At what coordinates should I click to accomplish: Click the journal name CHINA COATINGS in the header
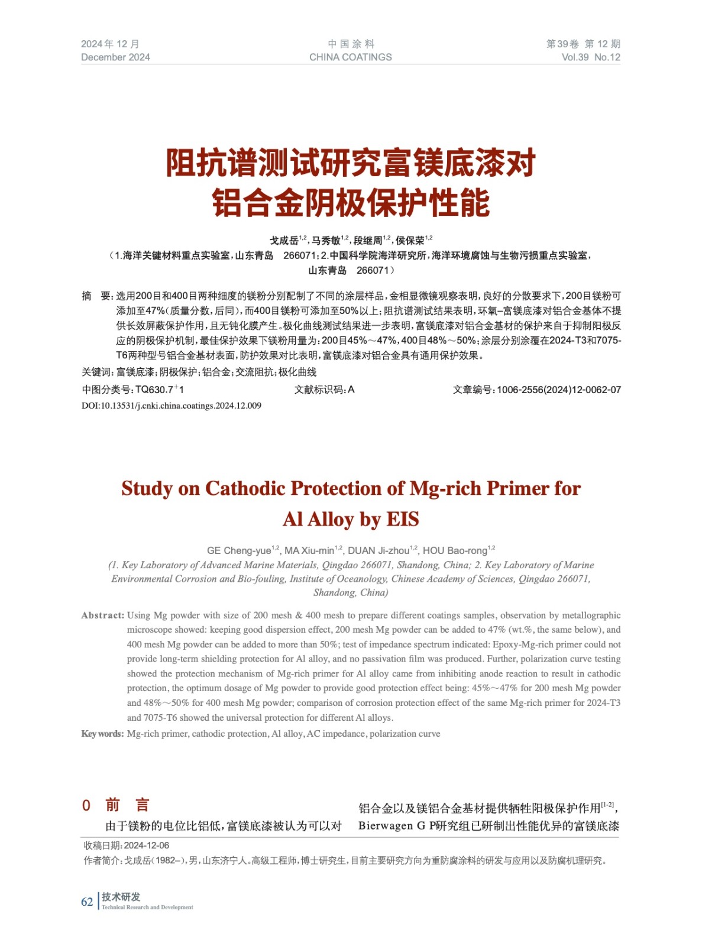click(x=350, y=57)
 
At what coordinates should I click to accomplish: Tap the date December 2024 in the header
click(x=115, y=57)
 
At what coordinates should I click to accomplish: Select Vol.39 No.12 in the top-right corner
click(x=590, y=57)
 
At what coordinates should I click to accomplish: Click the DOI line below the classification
click(x=172, y=406)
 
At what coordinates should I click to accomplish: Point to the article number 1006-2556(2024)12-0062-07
click(x=558, y=390)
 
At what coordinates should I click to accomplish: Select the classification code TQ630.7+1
click(x=160, y=390)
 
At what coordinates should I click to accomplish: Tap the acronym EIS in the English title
click(x=402, y=520)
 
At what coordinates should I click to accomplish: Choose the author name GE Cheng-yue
click(x=239, y=550)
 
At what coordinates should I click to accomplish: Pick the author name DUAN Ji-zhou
click(x=379, y=550)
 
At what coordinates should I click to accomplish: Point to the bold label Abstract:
click(x=103, y=615)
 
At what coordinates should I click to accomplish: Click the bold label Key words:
click(x=102, y=734)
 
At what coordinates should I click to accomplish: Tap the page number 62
click(x=87, y=902)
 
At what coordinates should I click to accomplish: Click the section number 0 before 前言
click(x=86, y=805)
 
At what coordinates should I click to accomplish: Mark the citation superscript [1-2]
click(x=607, y=805)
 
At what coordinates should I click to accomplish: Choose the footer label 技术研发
click(x=121, y=897)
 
